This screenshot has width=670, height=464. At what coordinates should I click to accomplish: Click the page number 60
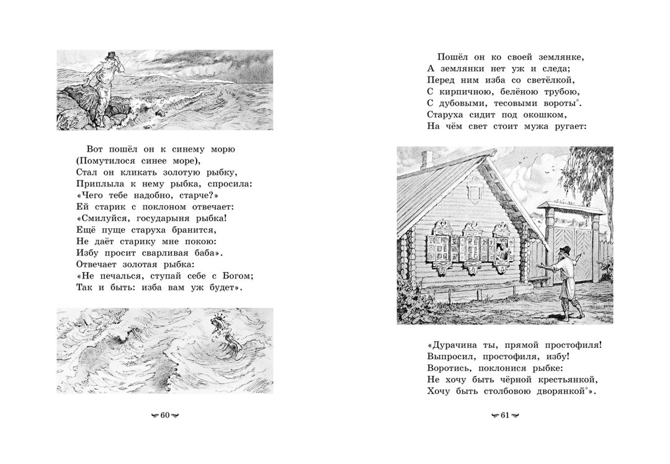(x=165, y=415)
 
